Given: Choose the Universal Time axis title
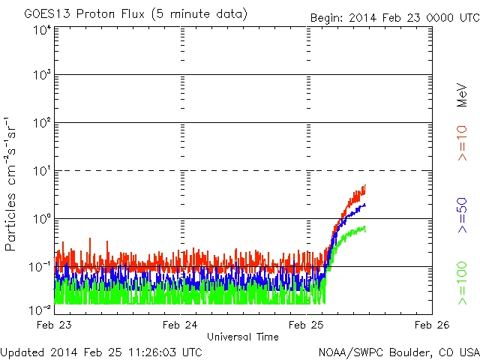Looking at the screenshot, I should click(x=243, y=337).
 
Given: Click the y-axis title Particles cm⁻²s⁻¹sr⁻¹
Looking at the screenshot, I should click(x=11, y=183).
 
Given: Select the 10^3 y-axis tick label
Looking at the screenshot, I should click(x=41, y=75).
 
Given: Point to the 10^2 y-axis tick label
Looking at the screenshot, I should click(x=41, y=123).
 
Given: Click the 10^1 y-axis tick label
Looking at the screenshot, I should click(x=41, y=171).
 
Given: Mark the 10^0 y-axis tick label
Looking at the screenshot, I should click(x=41, y=219).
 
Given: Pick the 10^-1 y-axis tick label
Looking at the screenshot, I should click(x=40, y=266).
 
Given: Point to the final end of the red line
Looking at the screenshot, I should click(x=365, y=185).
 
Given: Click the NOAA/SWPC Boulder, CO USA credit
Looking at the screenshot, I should click(x=398, y=352).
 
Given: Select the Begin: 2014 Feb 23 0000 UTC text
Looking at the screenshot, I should click(x=394, y=17).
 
